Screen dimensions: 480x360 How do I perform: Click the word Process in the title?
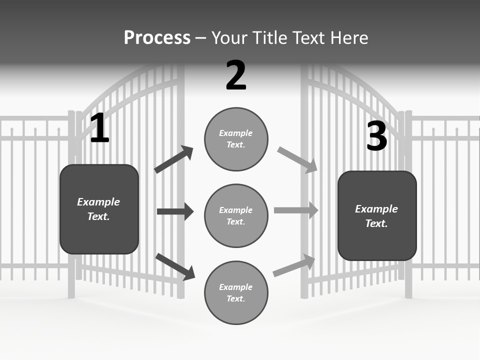tap(157, 38)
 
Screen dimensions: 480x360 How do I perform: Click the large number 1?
tap(99, 128)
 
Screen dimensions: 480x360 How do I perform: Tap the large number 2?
tap(236, 75)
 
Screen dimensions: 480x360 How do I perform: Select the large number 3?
tap(376, 136)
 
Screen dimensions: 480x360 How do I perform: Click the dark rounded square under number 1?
tap(99, 209)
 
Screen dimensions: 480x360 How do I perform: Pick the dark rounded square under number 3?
tap(377, 215)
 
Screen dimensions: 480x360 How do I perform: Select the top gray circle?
tap(236, 139)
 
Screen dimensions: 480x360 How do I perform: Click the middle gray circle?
tap(236, 215)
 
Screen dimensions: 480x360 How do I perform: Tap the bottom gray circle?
tap(236, 292)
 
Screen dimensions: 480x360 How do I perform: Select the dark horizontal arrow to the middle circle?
tap(175, 211)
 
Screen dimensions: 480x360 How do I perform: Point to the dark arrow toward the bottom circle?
tap(175, 266)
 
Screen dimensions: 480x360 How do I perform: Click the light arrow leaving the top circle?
tap(297, 160)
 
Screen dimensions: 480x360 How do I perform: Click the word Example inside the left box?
tap(98, 202)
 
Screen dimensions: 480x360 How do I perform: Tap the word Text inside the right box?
tap(376, 223)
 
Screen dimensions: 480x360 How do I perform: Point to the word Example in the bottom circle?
tap(236, 287)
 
